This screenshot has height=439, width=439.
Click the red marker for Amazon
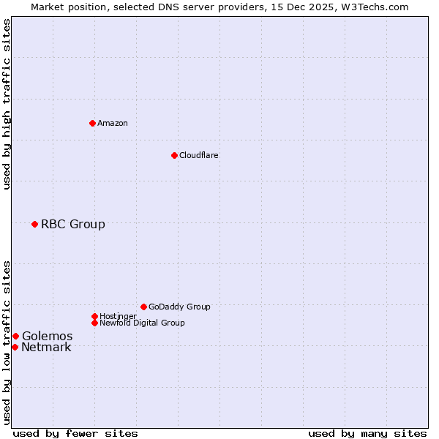[x=92, y=123]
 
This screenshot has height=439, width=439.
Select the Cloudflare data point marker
[x=174, y=155]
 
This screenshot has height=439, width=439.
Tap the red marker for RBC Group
[x=34, y=224]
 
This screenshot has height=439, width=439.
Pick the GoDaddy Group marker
[x=143, y=307]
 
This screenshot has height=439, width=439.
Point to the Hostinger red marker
[x=94, y=316]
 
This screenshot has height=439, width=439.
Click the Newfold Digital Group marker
[x=94, y=323]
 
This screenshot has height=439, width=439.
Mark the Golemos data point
[x=15, y=336]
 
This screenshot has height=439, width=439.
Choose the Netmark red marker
[x=15, y=347]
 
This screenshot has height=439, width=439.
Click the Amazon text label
[x=113, y=123]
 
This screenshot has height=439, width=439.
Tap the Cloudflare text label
[x=198, y=155]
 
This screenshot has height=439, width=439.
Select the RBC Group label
[x=72, y=224]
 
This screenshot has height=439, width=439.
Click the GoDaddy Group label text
[x=179, y=307]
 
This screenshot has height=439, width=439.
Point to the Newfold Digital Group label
[x=142, y=323]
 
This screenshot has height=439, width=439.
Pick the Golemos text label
[x=47, y=336]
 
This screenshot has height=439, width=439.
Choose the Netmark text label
[x=46, y=347]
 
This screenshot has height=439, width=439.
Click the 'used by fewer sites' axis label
[x=75, y=433]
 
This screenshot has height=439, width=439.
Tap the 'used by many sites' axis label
[x=367, y=433]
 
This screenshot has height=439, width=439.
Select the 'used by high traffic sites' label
[x=7, y=104]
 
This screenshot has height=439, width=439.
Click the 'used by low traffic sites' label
[x=7, y=342]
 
